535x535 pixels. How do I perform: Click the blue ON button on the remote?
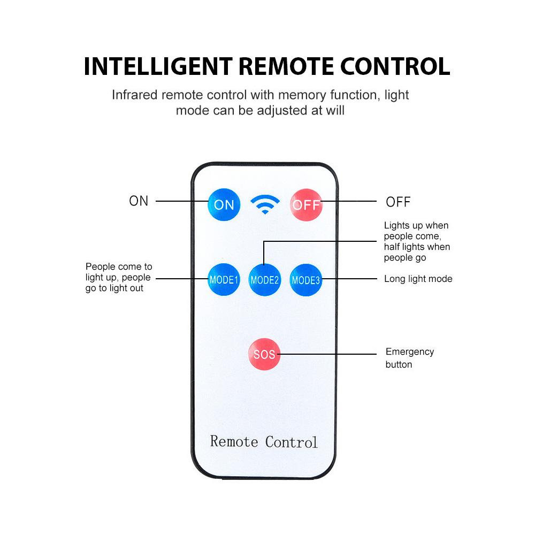[224, 204]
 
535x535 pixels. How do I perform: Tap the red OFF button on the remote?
[306, 204]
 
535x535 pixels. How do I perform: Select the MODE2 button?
[265, 280]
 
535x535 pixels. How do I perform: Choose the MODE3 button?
[306, 280]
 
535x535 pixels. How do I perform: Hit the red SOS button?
[264, 354]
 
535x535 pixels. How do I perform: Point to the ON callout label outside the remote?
[139, 201]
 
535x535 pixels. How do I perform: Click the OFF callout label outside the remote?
[398, 202]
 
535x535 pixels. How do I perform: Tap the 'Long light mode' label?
[418, 279]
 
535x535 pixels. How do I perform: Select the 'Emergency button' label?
[409, 358]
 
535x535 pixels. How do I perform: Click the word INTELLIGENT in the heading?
[158, 66]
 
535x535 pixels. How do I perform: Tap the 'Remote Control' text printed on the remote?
[264, 442]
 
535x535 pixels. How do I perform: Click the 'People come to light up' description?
[118, 277]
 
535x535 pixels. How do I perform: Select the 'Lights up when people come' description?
[417, 241]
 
